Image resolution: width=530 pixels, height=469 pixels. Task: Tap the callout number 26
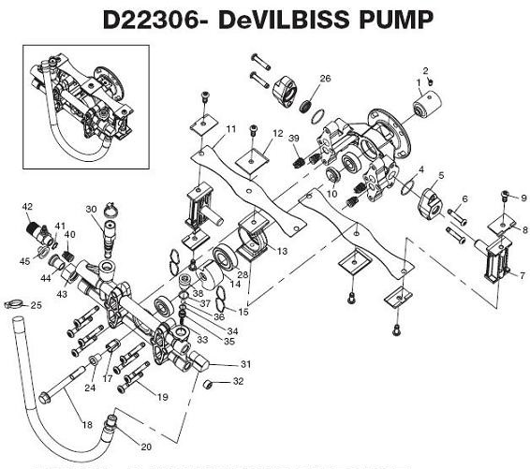325,78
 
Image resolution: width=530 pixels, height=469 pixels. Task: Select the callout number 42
27,206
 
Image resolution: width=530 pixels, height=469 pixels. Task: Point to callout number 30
91,209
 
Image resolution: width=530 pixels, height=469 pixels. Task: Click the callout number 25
37,305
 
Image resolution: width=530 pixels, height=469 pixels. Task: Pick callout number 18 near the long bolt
86,424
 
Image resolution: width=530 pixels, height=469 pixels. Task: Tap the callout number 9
523,198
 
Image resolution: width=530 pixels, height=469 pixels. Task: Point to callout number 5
441,175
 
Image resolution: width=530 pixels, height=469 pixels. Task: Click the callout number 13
281,252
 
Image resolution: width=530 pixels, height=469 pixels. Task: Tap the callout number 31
246,363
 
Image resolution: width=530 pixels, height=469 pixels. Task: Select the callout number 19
162,397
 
